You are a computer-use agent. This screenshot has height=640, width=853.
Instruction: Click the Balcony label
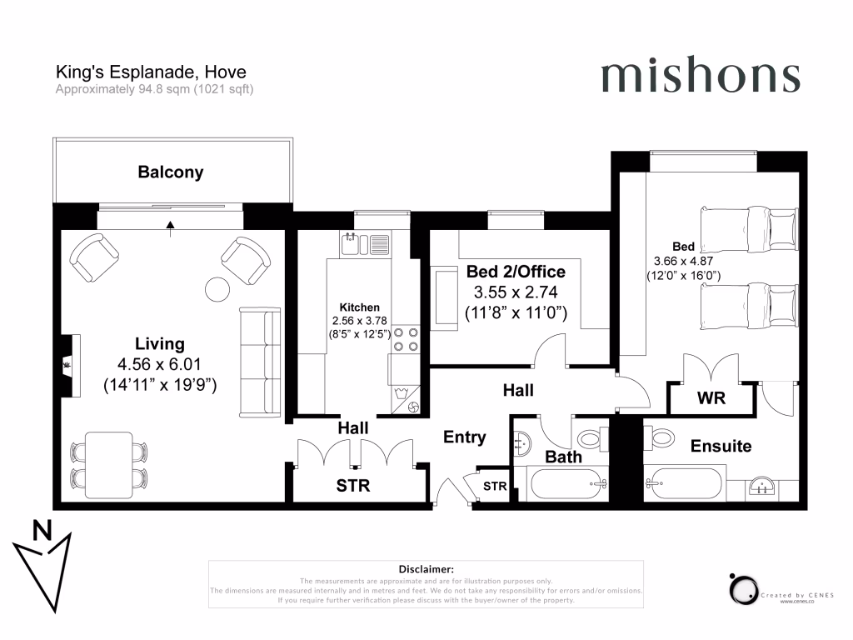tap(171, 172)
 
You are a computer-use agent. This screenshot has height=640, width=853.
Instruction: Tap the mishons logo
tap(700, 76)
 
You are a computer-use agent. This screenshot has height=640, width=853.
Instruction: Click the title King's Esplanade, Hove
tap(150, 73)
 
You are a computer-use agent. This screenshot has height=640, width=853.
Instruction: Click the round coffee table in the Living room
tap(218, 288)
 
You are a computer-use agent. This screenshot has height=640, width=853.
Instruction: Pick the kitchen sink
tap(365, 244)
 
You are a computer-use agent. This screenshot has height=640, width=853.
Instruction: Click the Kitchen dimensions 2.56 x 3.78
tap(360, 321)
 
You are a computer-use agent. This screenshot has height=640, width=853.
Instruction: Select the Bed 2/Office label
tap(516, 272)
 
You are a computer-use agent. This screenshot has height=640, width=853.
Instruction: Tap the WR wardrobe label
tap(711, 398)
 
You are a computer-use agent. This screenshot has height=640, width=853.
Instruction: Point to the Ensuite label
tap(721, 446)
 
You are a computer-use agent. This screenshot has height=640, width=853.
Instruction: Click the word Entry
tap(464, 437)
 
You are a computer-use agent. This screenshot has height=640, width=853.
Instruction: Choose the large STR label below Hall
tap(352, 485)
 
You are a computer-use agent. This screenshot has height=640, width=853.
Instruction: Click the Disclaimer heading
tap(426, 568)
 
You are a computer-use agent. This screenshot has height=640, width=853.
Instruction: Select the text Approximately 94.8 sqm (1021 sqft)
tap(154, 89)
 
